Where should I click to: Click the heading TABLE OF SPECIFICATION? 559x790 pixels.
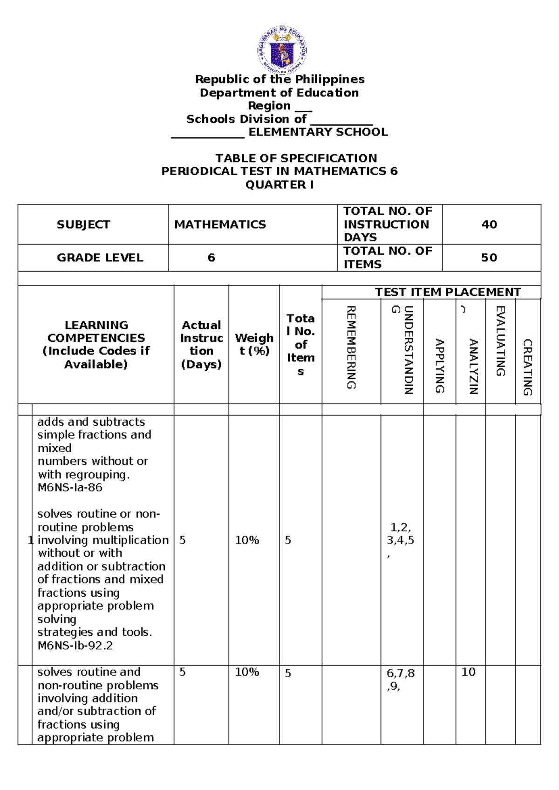point(296,158)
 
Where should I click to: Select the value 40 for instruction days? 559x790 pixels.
point(489,225)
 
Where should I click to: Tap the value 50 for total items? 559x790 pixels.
point(489,258)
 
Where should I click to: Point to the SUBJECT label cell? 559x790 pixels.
point(83,225)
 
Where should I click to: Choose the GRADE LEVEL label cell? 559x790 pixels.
point(100,258)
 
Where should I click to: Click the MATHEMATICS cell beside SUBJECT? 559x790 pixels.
point(220,225)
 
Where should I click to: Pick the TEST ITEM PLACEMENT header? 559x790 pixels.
point(448,292)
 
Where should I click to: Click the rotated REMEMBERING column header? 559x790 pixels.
point(351,347)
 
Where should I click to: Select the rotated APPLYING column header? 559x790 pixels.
point(439,366)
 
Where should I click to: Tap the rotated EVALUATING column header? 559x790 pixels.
point(500,341)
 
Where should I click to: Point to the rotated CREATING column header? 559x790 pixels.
point(527,367)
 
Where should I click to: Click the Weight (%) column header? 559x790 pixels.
point(254,344)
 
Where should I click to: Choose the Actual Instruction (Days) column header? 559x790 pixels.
point(201,344)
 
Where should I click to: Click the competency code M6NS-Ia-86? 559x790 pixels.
point(70,488)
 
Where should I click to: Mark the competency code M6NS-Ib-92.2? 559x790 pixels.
point(75,646)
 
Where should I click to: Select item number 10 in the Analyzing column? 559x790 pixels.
point(468,672)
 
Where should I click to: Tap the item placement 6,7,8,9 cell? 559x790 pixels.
point(400,679)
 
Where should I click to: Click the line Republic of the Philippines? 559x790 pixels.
point(279,79)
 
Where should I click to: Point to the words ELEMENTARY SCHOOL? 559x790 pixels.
point(318,132)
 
